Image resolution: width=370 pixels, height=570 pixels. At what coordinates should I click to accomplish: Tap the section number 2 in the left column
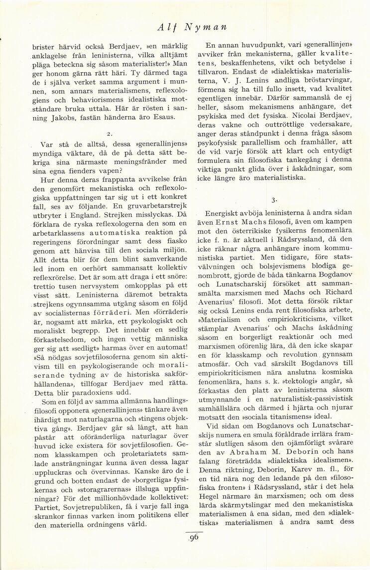[x=108, y=147]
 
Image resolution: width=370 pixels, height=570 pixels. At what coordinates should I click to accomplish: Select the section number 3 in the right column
[x=274, y=200]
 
